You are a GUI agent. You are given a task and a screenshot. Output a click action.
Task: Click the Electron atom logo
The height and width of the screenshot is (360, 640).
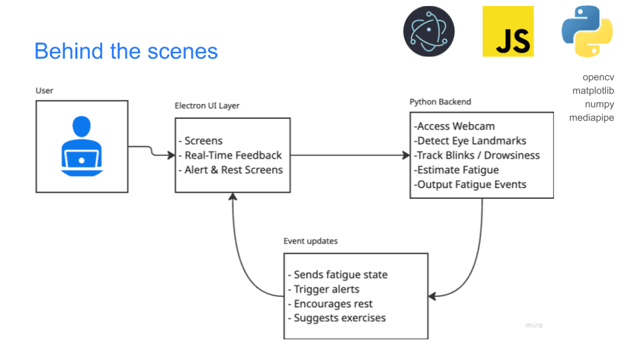(x=429, y=31)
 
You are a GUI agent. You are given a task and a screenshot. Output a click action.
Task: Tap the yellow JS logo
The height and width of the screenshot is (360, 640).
(x=508, y=31)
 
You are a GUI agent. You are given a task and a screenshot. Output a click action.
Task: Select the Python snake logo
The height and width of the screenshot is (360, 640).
(x=587, y=31)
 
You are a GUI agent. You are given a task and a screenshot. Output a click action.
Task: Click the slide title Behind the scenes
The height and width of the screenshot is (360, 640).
(x=126, y=51)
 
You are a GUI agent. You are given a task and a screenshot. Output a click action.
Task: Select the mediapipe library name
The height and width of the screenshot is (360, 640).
(x=591, y=117)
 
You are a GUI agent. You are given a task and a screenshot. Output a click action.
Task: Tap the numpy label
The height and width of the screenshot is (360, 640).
(x=599, y=104)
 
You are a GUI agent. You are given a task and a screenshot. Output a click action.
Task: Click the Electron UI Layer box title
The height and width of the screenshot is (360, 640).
(x=207, y=105)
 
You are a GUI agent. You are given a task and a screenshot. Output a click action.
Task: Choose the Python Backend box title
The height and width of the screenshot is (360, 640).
(x=440, y=101)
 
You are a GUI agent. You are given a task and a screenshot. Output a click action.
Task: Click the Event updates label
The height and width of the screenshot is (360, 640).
(x=311, y=241)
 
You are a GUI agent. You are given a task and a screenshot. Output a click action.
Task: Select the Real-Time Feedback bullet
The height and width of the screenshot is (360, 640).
(x=233, y=155)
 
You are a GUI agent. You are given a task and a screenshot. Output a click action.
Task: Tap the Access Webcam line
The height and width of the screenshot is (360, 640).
(x=455, y=126)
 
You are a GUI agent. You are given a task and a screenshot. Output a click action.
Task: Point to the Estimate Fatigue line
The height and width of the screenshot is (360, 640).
(x=457, y=170)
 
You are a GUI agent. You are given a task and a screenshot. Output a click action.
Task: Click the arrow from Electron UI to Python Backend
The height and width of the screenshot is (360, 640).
(x=350, y=155)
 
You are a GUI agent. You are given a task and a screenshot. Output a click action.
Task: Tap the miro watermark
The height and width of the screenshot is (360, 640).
(x=533, y=325)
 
